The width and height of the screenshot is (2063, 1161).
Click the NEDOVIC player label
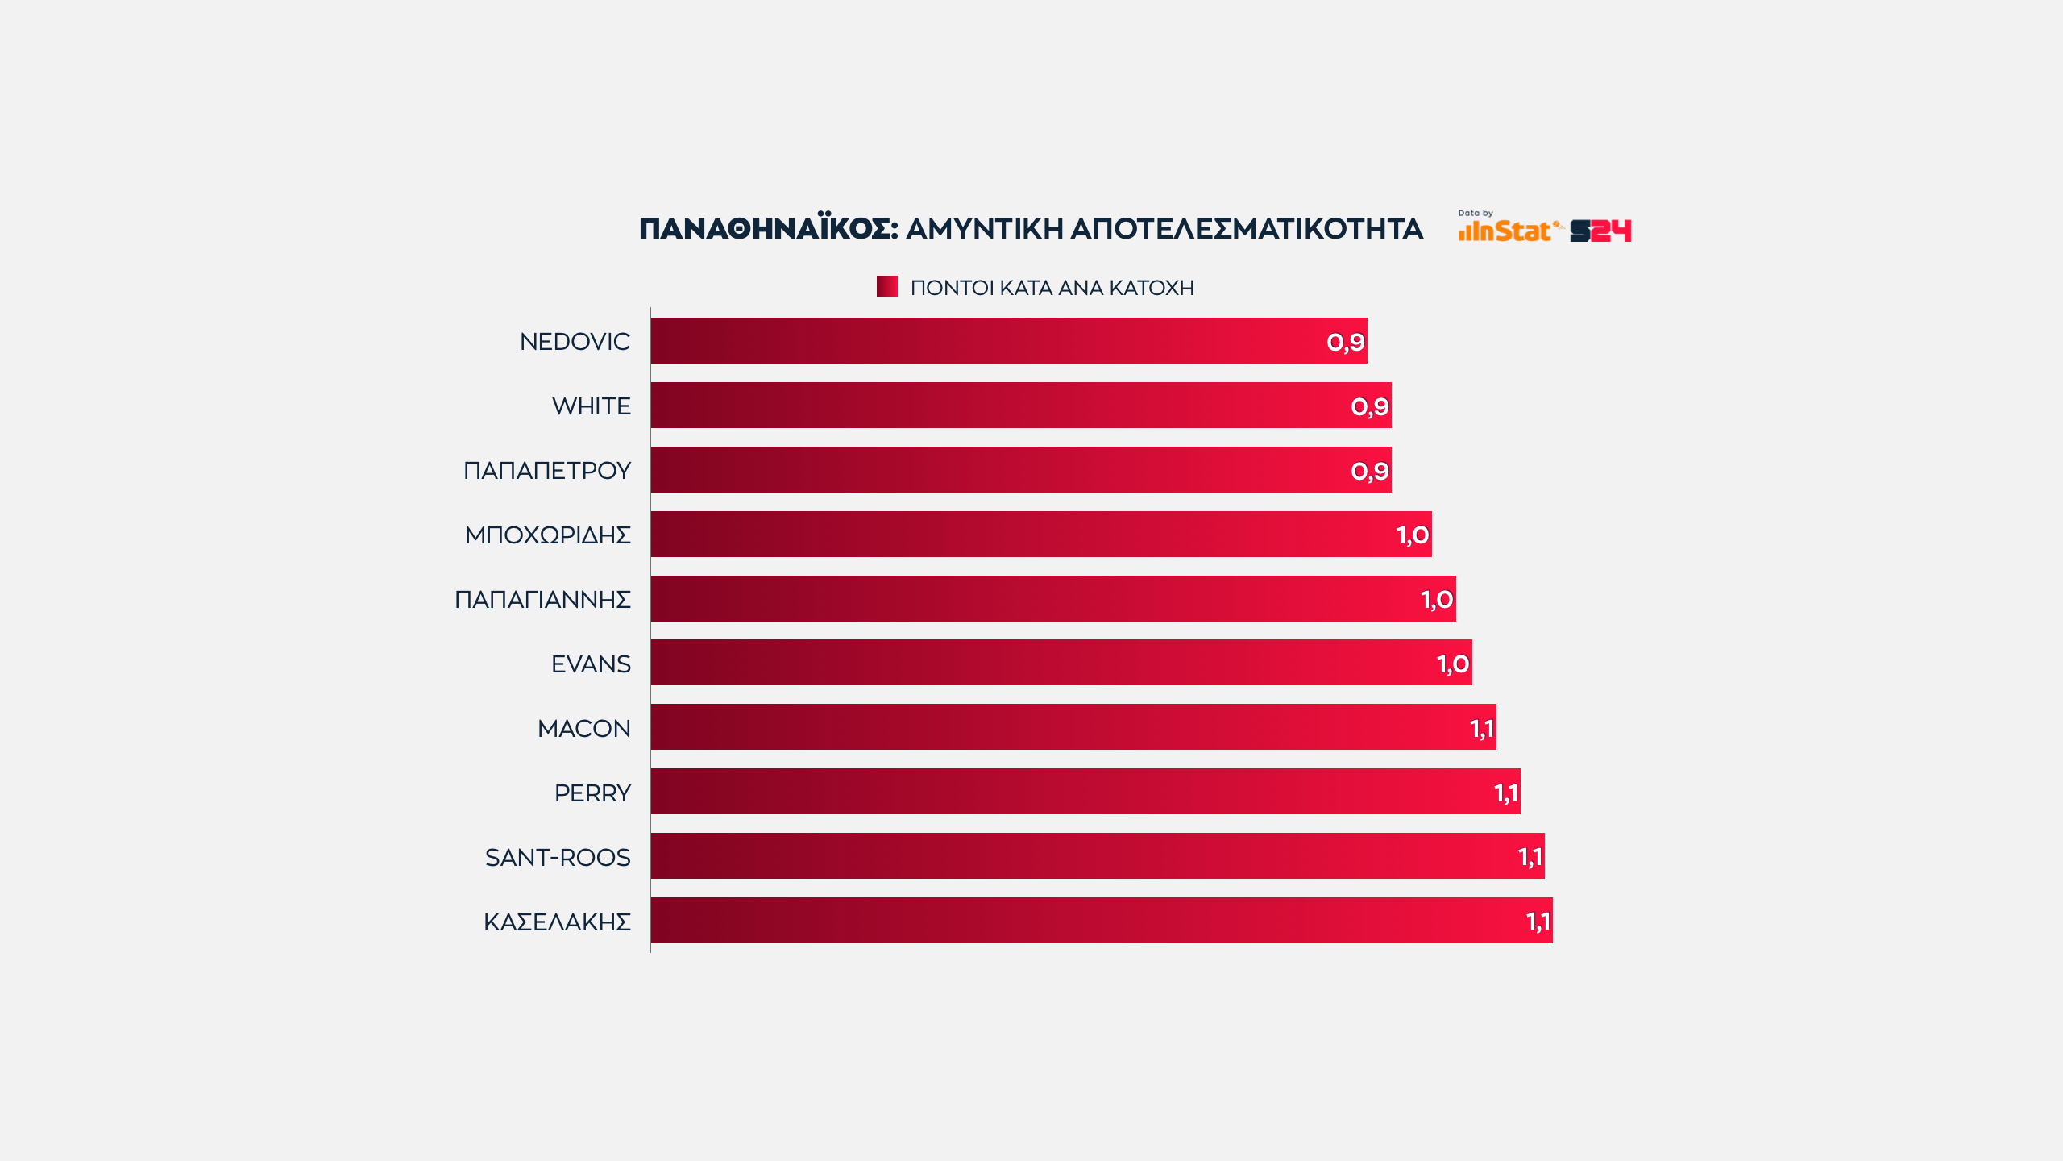click(x=575, y=342)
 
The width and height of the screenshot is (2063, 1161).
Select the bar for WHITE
click(x=1020, y=406)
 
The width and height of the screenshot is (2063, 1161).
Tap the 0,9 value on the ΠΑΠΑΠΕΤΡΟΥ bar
click(x=1369, y=471)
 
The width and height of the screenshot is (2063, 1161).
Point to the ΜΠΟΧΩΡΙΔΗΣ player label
click(x=547, y=535)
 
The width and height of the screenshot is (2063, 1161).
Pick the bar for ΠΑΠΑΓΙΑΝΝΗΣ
click(x=1052, y=599)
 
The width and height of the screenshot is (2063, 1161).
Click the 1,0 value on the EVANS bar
click(x=1452, y=664)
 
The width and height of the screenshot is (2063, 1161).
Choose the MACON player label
click(x=583, y=729)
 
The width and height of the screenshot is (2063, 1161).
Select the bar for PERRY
click(x=1085, y=792)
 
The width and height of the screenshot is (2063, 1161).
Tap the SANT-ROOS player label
click(x=558, y=858)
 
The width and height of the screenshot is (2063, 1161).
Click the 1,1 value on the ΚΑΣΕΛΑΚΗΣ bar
click(x=1538, y=922)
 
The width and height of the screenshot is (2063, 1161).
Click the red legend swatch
click(x=886, y=286)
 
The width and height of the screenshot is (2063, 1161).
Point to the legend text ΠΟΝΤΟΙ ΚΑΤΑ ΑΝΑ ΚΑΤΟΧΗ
click(x=1052, y=288)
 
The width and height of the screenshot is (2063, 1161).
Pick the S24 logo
click(x=1600, y=231)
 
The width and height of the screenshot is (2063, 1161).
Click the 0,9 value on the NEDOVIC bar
click(x=1345, y=343)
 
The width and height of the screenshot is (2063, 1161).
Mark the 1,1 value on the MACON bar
click(x=1481, y=729)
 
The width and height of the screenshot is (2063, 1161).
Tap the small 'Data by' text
click(x=1475, y=214)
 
